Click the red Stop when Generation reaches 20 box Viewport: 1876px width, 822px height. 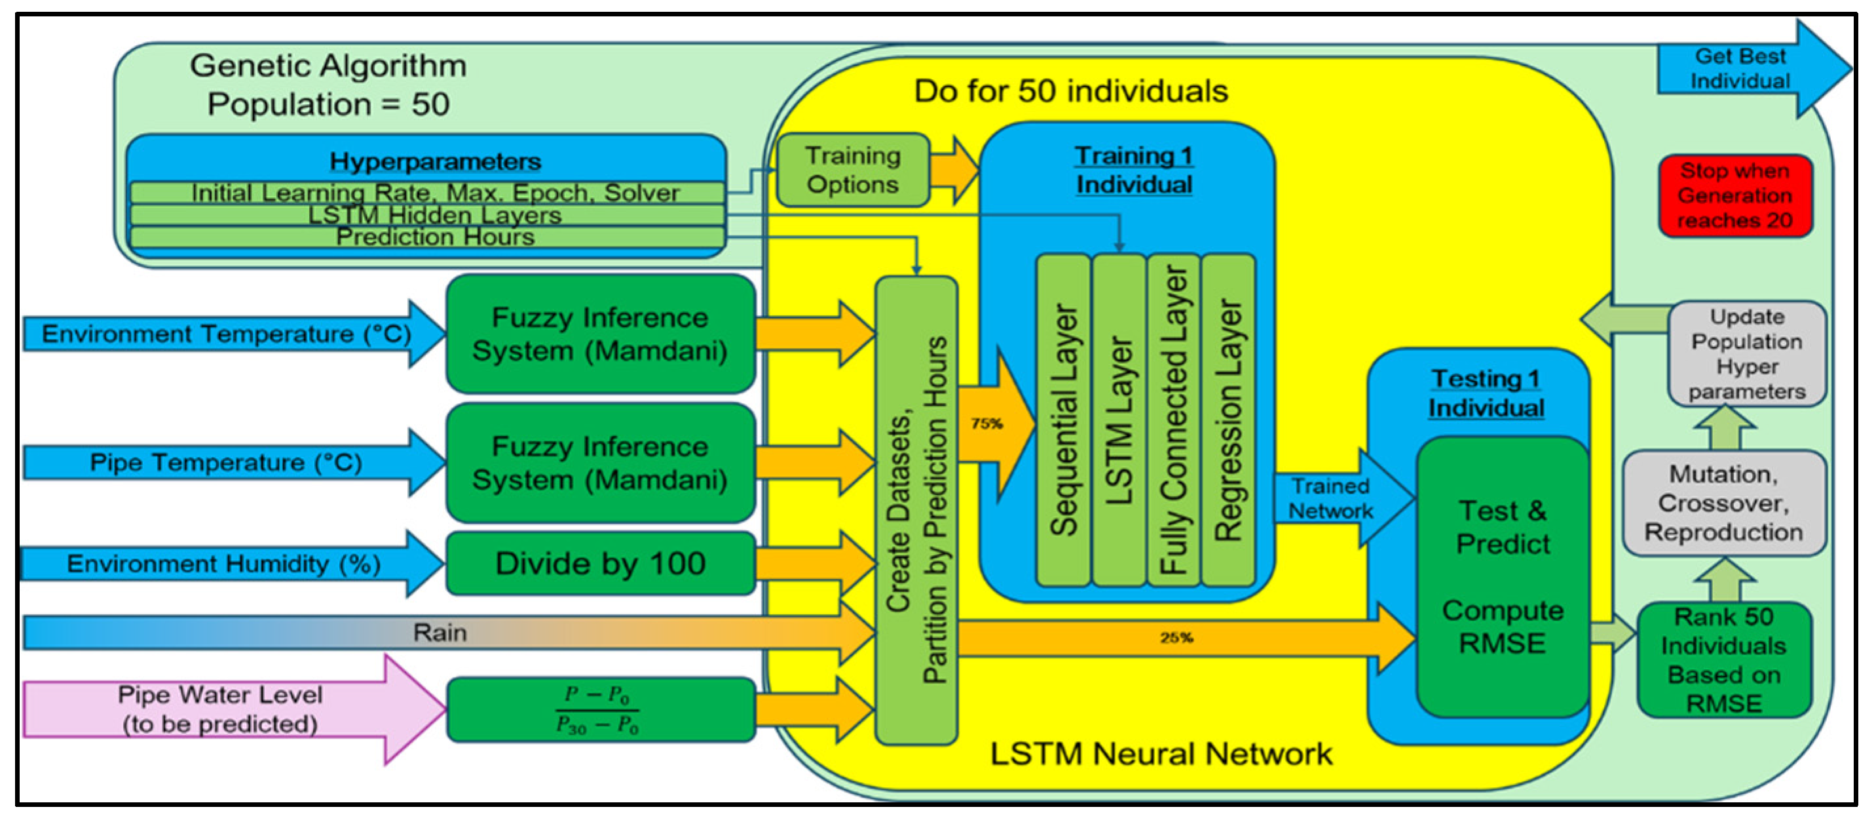pyautogui.click(x=1735, y=195)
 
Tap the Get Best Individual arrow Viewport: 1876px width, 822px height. pyautogui.click(x=1740, y=68)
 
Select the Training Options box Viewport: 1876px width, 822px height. pyautogui.click(x=853, y=170)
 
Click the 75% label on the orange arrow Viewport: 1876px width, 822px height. pyautogui.click(x=986, y=423)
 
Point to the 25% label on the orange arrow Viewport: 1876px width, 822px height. pyautogui.click(x=1176, y=638)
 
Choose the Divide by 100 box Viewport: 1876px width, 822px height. pyautogui.click(x=600, y=563)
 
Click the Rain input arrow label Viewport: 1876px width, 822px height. pyautogui.click(x=440, y=632)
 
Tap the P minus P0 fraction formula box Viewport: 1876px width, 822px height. pyautogui.click(x=600, y=709)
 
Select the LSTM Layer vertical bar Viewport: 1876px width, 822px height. pyautogui.click(x=1119, y=420)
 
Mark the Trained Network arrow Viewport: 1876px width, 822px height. pyautogui.click(x=1331, y=498)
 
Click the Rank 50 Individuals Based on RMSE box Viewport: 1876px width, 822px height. pyautogui.click(x=1723, y=659)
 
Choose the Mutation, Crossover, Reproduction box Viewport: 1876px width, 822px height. pyautogui.click(x=1723, y=503)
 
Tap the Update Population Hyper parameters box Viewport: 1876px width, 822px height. pyautogui.click(x=1746, y=354)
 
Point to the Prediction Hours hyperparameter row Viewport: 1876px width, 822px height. pyautogui.click(x=435, y=237)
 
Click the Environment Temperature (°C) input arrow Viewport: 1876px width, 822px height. pyautogui.click(x=226, y=334)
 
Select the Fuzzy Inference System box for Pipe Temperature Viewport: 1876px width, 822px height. pyautogui.click(x=600, y=463)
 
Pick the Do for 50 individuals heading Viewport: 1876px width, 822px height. pyautogui.click(x=1070, y=91)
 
